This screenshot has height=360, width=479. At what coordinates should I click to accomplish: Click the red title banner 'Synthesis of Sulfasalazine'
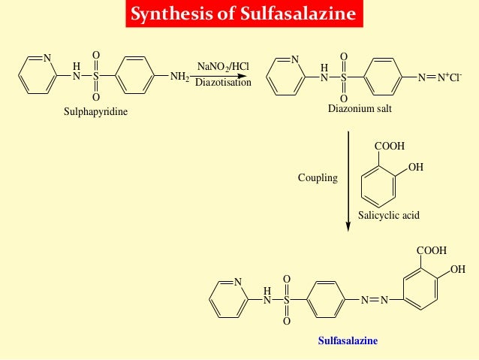(x=239, y=14)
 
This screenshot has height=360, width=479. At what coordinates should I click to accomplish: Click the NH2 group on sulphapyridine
(x=180, y=76)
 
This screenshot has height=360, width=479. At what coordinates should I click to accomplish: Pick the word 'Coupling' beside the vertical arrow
(x=318, y=178)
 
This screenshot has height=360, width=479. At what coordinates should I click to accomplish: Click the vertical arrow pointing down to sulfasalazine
(x=348, y=180)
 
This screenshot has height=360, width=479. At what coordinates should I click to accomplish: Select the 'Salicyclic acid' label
(x=388, y=215)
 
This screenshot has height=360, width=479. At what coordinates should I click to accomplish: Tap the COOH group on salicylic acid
(x=390, y=147)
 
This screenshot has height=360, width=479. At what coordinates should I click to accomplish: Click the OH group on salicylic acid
(x=416, y=166)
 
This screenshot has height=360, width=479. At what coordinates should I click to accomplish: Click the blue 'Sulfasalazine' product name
(x=348, y=340)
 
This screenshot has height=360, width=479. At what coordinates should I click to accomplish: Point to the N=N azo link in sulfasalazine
(x=374, y=300)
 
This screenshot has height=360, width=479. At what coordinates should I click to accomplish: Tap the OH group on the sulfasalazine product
(x=457, y=269)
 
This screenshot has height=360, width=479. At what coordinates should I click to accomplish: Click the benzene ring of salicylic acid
(x=384, y=185)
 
